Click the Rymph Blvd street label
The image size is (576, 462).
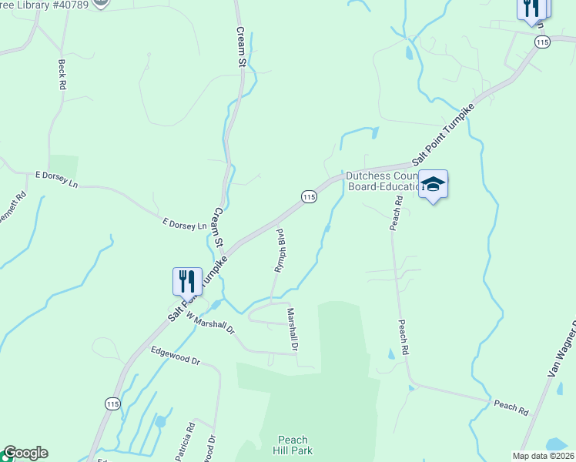click(x=280, y=249)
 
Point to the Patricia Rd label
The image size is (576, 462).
click(x=184, y=441)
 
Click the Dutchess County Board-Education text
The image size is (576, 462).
click(x=383, y=180)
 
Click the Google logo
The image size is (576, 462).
click(x=25, y=453)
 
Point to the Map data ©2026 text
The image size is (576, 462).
click(x=542, y=456)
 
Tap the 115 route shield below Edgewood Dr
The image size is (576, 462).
click(x=112, y=403)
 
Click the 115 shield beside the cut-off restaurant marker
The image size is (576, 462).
click(x=543, y=43)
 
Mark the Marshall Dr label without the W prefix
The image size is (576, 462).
click(x=293, y=329)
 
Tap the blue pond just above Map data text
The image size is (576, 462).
click(x=555, y=444)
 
